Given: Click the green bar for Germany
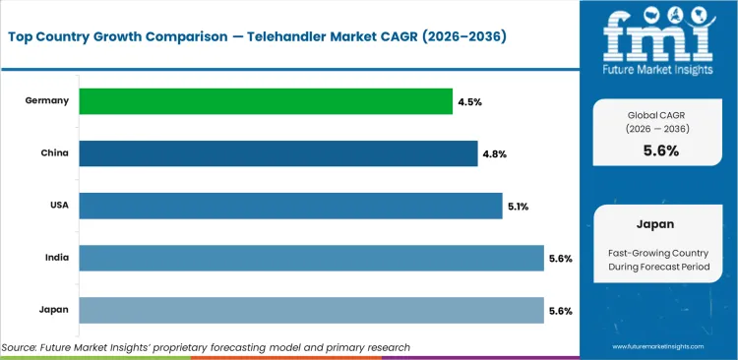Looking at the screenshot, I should pyautogui.click(x=266, y=100).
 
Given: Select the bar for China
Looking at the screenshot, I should pyautogui.click(x=277, y=152).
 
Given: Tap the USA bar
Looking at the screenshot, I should pyautogui.click(x=290, y=205).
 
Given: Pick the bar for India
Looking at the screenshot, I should pyautogui.click(x=311, y=258).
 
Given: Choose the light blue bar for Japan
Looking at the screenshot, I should pyautogui.click(x=311, y=310).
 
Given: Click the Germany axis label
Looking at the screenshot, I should pyautogui.click(x=47, y=100).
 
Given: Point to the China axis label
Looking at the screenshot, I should pyautogui.click(x=53, y=152).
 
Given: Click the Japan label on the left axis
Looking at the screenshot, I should pyautogui.click(x=53, y=310).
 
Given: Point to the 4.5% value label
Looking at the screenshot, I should pyautogui.click(x=468, y=100).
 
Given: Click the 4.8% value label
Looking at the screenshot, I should pyautogui.click(x=493, y=152).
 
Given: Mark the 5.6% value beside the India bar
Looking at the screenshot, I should pyautogui.click(x=560, y=258).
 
